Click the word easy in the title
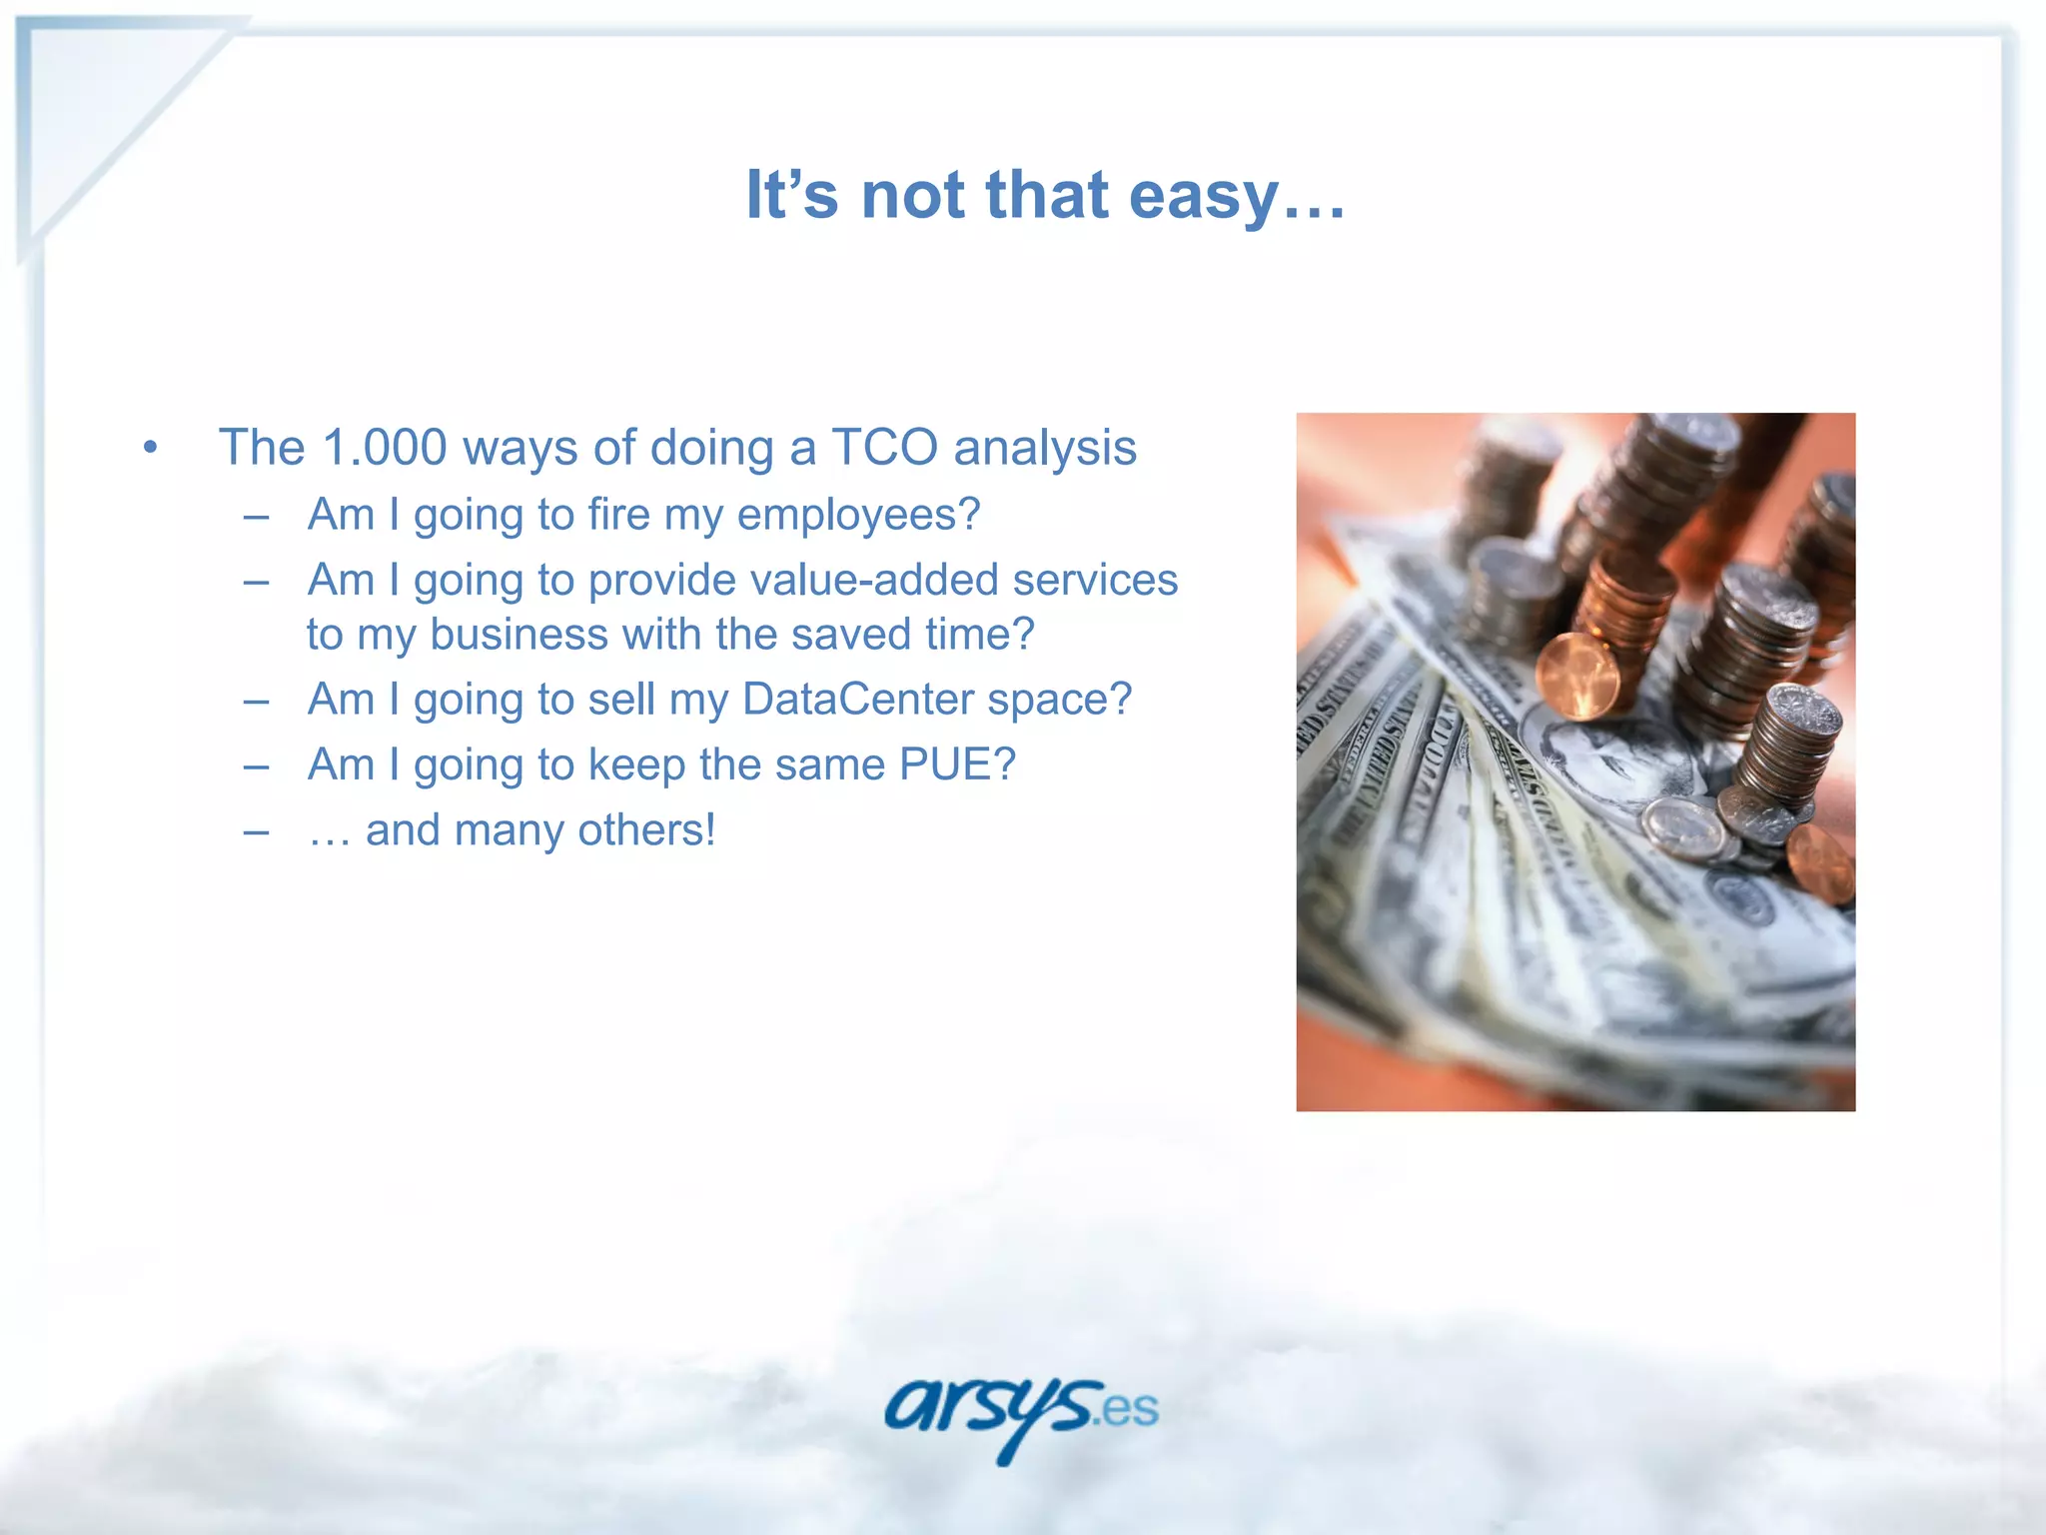coord(1204,196)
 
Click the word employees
coord(858,516)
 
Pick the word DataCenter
coord(858,700)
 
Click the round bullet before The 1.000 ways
coord(150,447)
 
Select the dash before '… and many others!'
coord(256,830)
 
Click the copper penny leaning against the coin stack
coord(1577,678)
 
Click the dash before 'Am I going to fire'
coord(256,516)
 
